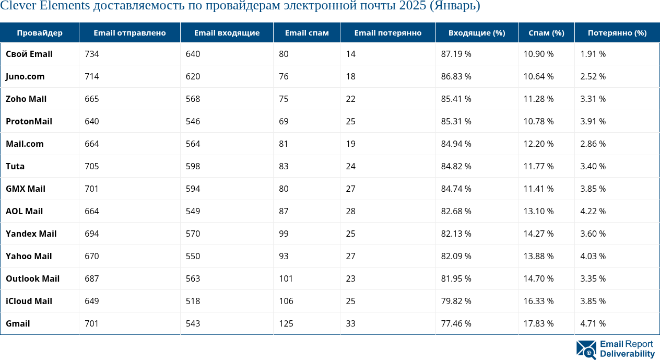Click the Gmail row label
[18, 323]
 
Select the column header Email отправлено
[129, 33]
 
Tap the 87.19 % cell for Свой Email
[456, 54]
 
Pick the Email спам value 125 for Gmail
[286, 323]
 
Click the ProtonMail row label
[29, 121]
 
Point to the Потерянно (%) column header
[617, 33]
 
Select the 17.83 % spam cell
[538, 323]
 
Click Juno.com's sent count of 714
[91, 76]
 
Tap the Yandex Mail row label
[31, 234]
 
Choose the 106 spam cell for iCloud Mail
[286, 301]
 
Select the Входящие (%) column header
[476, 33]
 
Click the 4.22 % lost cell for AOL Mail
[593, 211]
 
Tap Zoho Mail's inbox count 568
[193, 99]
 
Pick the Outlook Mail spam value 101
[286, 278]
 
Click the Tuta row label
[15, 166]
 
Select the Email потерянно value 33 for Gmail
[350, 323]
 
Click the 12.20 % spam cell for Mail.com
[538, 144]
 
